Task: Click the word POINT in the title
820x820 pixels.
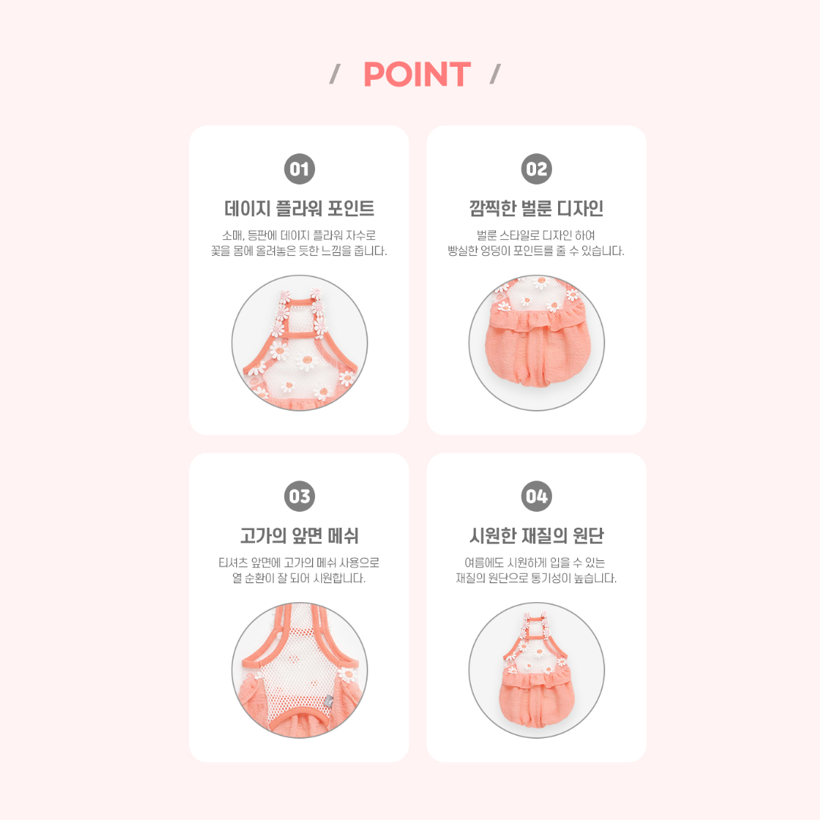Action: click(417, 74)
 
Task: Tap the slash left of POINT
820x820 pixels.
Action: click(335, 74)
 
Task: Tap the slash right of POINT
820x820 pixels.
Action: click(495, 74)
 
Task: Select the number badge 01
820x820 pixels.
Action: click(299, 169)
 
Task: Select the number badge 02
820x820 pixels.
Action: click(537, 169)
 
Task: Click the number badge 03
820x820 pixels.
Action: click(299, 497)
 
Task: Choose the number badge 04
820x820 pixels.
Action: click(537, 497)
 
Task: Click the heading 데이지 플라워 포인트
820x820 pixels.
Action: click(299, 208)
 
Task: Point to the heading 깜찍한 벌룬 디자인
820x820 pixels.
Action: click(537, 208)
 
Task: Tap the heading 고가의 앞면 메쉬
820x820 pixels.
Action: click(299, 535)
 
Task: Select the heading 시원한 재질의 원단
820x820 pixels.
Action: click(537, 535)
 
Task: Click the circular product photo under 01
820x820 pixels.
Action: click(300, 343)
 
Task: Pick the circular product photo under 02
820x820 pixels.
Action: click(537, 343)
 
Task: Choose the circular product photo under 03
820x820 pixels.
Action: click(300, 670)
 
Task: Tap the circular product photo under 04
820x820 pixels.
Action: click(537, 670)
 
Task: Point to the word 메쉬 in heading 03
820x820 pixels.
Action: click(343, 535)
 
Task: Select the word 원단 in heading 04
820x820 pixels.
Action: click(588, 535)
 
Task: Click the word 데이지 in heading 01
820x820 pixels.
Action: click(248, 208)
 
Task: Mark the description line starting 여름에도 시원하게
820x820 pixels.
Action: click(535, 563)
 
